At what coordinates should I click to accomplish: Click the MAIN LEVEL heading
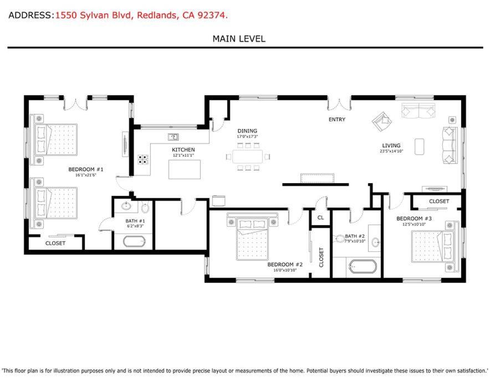[239, 39]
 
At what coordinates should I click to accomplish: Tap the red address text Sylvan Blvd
[105, 15]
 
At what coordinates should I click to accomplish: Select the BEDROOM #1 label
[85, 169]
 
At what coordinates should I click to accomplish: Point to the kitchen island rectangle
[185, 169]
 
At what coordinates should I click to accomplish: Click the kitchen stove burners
[143, 159]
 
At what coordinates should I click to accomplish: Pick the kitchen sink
[173, 137]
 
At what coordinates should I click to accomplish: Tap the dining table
[248, 157]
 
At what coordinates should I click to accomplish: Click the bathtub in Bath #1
[134, 241]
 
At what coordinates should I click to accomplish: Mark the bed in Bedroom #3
[433, 246]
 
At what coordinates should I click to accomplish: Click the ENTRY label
[337, 119]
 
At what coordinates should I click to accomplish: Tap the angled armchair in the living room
[382, 121]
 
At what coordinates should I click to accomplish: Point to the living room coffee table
[420, 147]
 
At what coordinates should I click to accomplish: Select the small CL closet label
[320, 218]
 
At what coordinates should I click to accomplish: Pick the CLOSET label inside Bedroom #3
[439, 201]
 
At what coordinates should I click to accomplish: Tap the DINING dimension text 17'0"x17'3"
[247, 136]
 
